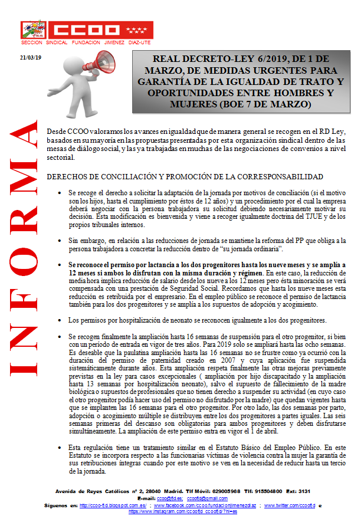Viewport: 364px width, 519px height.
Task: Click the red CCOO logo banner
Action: (87, 30)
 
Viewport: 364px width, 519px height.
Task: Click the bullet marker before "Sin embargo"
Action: (60, 241)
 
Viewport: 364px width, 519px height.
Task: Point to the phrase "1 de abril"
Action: (266, 431)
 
